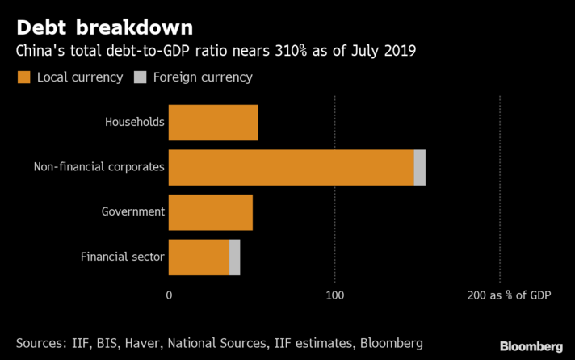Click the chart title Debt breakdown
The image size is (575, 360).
pos(104,27)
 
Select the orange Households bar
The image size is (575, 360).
pos(213,123)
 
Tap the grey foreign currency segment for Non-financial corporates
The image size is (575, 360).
pos(419,167)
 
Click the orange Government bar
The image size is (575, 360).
pos(211,212)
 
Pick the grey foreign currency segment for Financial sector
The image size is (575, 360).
pos(234,257)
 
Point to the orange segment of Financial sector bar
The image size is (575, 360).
pos(199,257)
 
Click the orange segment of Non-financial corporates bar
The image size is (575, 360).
pos(291,167)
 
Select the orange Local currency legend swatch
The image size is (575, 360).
pos(23,77)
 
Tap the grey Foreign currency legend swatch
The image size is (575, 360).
pos(140,77)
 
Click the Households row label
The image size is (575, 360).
pos(135,123)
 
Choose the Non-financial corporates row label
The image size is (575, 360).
pos(99,167)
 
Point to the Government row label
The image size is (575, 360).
pos(133,212)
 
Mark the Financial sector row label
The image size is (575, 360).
pos(123,257)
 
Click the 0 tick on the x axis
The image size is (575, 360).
pos(169,296)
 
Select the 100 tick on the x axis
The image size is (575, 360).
pos(334,296)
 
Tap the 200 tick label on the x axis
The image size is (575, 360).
pos(476,296)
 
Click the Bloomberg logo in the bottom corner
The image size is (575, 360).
pos(531,345)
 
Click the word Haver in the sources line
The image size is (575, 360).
pos(168,343)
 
